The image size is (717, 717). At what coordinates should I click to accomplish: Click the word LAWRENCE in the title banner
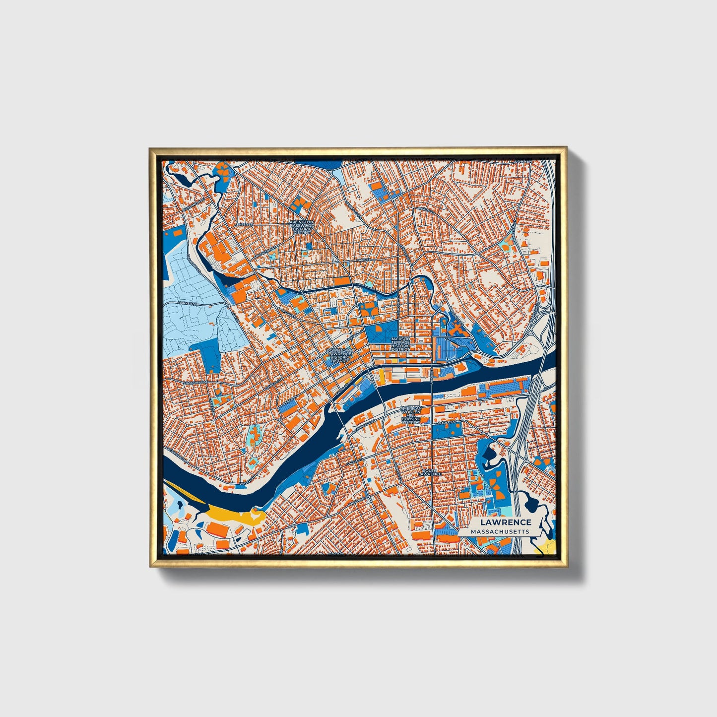coord(505,522)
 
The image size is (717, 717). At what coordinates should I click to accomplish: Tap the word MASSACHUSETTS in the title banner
coord(500,531)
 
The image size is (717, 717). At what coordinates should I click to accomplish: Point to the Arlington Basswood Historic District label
coord(302,227)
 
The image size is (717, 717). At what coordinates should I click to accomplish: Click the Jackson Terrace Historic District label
coord(400,344)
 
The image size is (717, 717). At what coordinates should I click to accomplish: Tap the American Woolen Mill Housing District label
coord(411,414)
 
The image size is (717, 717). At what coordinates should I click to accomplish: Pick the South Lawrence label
coord(430,472)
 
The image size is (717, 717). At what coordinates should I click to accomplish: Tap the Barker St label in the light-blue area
coord(189,302)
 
